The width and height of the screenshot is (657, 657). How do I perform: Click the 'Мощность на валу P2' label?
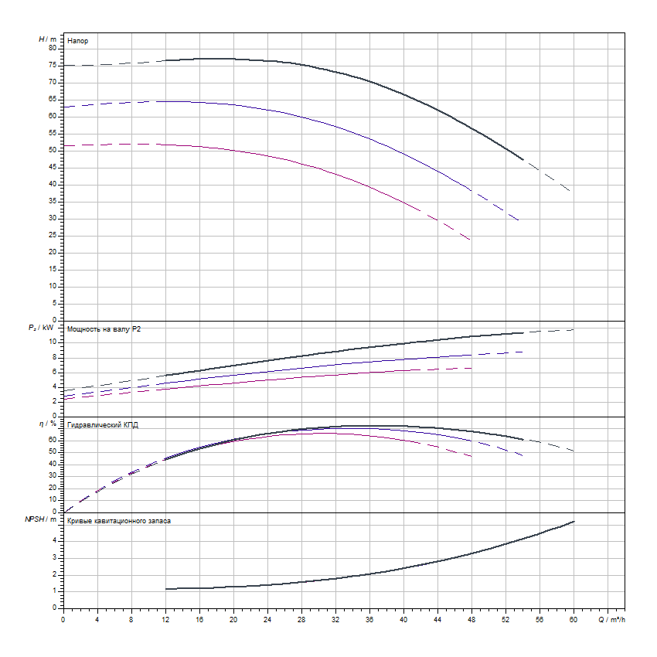(104, 329)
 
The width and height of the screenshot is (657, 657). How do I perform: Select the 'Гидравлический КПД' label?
(103, 425)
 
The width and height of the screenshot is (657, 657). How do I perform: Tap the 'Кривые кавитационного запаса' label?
(120, 521)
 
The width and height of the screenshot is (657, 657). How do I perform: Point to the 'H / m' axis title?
(48, 39)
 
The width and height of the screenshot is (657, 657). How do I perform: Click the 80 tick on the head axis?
(53, 48)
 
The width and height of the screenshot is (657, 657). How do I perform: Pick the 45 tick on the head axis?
(53, 167)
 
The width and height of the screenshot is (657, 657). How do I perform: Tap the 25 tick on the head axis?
(53, 235)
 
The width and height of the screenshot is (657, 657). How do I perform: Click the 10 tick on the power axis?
(53, 342)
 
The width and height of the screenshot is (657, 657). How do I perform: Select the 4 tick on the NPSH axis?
(55, 540)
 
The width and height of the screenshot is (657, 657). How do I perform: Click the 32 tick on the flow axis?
(335, 619)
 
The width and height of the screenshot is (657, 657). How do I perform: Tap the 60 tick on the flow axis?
(574, 619)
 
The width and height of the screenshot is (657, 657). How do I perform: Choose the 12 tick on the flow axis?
(165, 619)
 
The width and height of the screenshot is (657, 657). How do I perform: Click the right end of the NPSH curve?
(574, 522)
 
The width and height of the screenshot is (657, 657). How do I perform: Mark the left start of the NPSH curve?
(166, 589)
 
